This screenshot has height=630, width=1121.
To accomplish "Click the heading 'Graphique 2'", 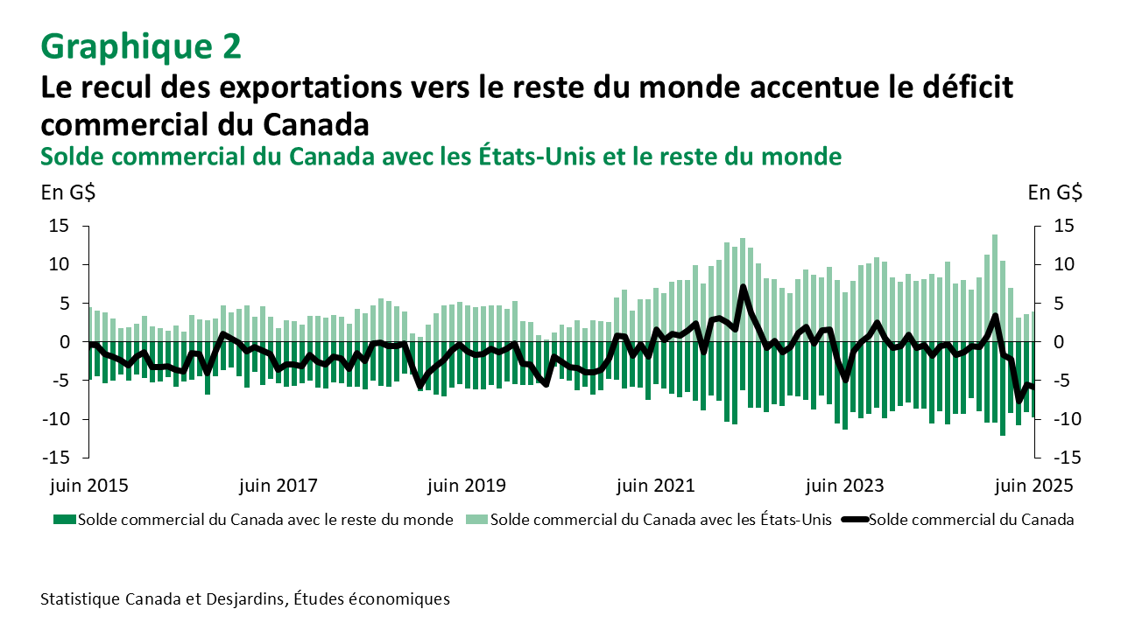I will pos(140,46).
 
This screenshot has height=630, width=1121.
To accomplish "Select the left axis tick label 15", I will pos(58,226).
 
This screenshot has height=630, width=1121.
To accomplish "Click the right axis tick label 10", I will pos(1056,264).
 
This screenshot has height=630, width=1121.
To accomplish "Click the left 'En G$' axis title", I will pos(67,192).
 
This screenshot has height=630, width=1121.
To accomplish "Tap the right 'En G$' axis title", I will pos(1054,192).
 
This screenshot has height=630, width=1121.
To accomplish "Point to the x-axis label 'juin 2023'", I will pos(845,486).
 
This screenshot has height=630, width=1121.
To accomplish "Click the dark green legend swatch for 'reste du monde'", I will pos(65,520).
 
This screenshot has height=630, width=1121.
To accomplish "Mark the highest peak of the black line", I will pos(743,286).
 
